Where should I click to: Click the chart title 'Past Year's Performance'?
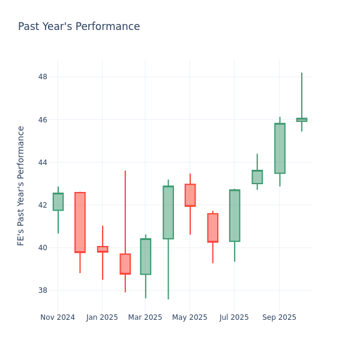coord(79,27)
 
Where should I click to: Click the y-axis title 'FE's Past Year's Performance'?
coord(21,185)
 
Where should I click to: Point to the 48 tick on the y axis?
coord(43,77)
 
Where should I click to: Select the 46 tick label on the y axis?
coord(43,120)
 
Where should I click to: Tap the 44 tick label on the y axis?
coord(43,163)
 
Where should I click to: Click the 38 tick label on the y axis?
coord(43,290)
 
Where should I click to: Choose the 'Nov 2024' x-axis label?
coord(58,317)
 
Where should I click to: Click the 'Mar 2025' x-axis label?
coord(145,317)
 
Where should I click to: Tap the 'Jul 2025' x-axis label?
coord(233,317)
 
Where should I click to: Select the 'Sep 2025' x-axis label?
coord(279,317)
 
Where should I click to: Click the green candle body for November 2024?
coord(58,202)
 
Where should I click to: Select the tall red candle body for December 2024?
coord(80,222)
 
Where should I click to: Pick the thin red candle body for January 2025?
coord(103,249)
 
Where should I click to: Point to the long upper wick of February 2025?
coord(125,210)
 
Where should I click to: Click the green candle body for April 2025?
coord(168,212)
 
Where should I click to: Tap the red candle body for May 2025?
coord(190,195)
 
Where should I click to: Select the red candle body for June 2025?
coord(212,227)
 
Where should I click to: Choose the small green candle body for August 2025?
coord(257,177)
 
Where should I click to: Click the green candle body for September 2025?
coord(280,148)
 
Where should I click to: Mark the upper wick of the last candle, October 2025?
coord(302,96)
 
